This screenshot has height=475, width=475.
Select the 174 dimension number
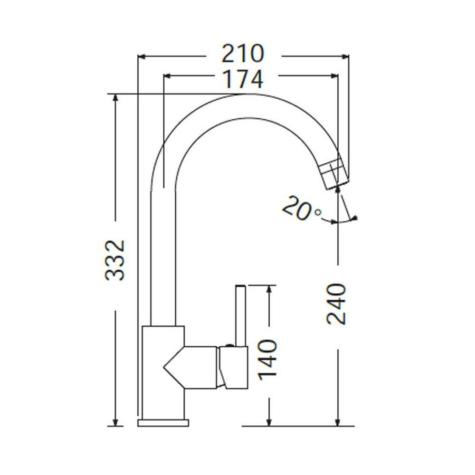click(x=243, y=79)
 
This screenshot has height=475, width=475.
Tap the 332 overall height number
click(x=115, y=260)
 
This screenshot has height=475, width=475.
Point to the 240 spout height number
click(x=336, y=304)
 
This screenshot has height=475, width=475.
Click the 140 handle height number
click(x=267, y=360)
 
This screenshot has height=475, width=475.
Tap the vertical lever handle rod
click(x=241, y=315)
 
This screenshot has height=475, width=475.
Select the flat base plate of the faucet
click(x=163, y=423)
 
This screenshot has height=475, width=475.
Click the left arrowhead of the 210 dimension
click(x=142, y=56)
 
